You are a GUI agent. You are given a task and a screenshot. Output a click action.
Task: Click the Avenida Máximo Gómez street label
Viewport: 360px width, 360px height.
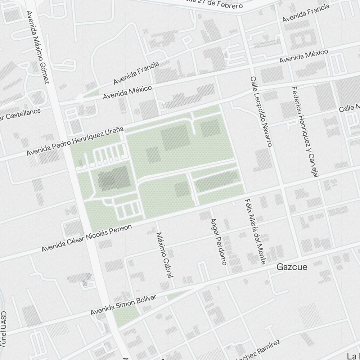pyautogui.click(x=37, y=47)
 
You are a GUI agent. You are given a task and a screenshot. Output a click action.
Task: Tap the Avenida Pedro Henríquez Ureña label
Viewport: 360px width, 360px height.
pyautogui.click(x=75, y=141)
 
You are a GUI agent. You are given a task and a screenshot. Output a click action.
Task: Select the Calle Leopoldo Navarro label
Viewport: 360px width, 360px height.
pyautogui.click(x=261, y=111)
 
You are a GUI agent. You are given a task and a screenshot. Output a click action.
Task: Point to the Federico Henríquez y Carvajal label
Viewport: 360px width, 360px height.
pyautogui.click(x=306, y=132)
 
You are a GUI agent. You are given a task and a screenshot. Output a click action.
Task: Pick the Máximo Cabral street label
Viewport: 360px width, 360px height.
pyautogui.click(x=165, y=255)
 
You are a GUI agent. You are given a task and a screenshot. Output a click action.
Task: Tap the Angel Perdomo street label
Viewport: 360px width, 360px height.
pyautogui.click(x=218, y=242)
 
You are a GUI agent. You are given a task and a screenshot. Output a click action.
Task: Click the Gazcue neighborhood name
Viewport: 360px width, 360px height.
pyautogui.click(x=292, y=267)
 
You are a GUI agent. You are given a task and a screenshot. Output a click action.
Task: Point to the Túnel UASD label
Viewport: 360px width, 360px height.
pyautogui.click(x=3, y=329)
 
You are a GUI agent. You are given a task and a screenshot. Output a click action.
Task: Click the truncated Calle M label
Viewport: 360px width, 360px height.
pyautogui.click(x=350, y=107)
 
